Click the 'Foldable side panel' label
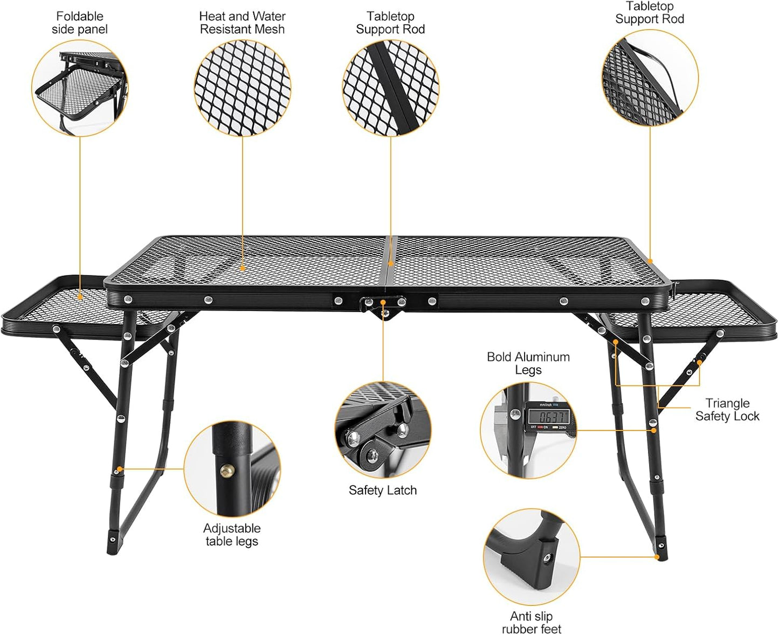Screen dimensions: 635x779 [80, 23]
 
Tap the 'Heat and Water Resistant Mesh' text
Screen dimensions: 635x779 [242, 23]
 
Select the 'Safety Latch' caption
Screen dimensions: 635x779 [382, 490]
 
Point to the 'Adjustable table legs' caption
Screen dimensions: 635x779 [232, 535]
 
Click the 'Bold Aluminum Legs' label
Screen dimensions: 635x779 [528, 363]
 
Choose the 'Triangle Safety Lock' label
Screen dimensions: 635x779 [727, 410]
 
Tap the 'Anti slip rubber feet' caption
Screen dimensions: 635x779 [532, 623]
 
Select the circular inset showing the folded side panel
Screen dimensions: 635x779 [80, 88]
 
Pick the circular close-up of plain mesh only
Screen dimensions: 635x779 [242, 88]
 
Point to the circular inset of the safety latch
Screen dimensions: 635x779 [383, 430]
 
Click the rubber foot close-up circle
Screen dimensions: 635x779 [532, 557]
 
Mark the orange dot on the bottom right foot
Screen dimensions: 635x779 [657, 557]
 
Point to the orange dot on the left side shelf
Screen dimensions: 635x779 [80, 296]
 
